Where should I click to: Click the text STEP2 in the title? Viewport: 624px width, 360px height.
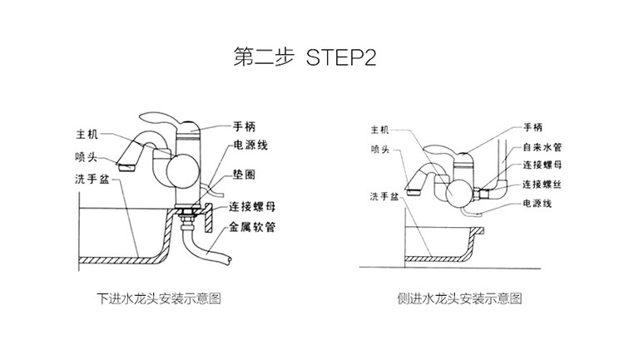click(343, 59)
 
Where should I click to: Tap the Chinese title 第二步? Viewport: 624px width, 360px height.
click(264, 59)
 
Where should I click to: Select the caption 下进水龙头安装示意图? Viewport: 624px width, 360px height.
click(159, 297)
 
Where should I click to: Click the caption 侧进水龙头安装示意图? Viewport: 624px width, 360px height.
click(460, 297)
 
